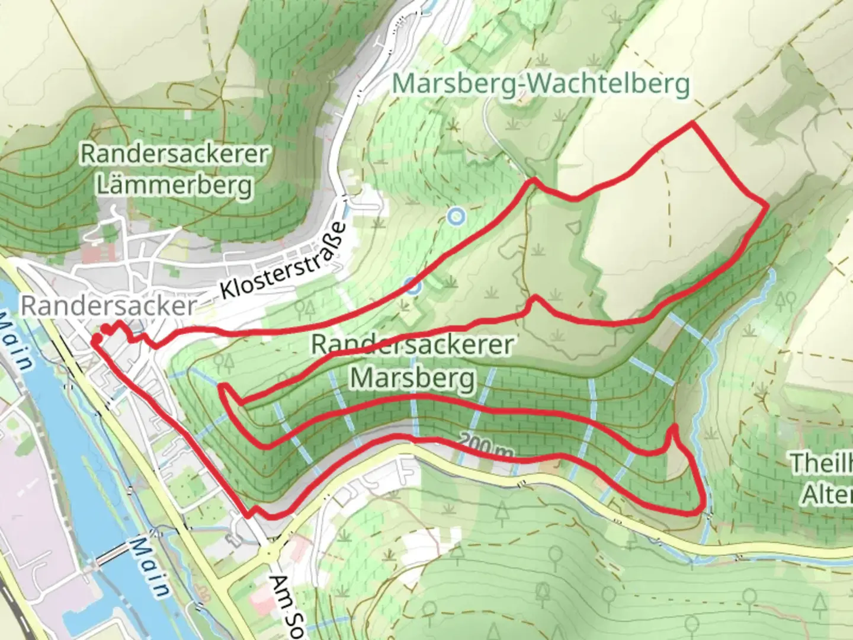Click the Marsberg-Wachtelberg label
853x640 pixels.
pyautogui.click(x=541, y=84)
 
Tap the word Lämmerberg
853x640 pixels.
pyautogui.click(x=174, y=185)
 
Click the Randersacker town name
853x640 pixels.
pyautogui.click(x=108, y=306)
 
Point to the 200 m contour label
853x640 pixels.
pyautogui.click(x=485, y=446)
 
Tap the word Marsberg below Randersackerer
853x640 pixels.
pyautogui.click(x=413, y=377)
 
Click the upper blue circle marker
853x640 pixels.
pyautogui.click(x=455, y=216)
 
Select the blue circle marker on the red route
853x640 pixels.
pyautogui.click(x=413, y=287)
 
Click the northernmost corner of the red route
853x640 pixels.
pyautogui.click(x=691, y=123)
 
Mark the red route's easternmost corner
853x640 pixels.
pyautogui.click(x=767, y=205)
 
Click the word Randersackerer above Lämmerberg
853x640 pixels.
pyautogui.click(x=174, y=154)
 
